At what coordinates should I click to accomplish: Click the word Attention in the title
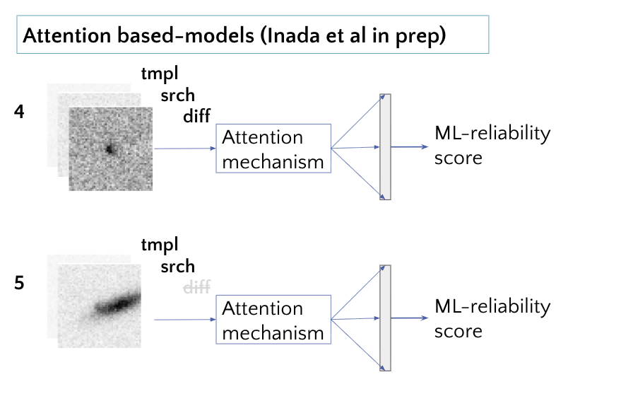(67, 35)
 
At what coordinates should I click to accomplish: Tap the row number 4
(19, 112)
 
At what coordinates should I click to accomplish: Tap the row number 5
(19, 283)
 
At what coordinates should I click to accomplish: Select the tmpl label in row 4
(160, 74)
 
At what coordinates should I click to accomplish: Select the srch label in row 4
(177, 95)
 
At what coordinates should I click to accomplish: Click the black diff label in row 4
(196, 116)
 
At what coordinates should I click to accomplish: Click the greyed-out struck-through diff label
(196, 287)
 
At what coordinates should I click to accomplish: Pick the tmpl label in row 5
(160, 245)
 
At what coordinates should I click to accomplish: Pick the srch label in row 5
(177, 267)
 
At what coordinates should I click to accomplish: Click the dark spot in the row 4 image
(109, 149)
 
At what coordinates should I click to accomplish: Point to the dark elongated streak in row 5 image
(118, 304)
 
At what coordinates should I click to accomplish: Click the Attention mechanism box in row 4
(273, 149)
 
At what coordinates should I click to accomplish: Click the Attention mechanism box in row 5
(273, 320)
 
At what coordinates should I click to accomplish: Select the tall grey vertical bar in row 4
(385, 147)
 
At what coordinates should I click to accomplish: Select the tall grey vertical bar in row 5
(385, 318)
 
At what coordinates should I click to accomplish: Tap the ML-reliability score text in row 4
(492, 145)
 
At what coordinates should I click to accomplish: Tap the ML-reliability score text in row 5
(492, 319)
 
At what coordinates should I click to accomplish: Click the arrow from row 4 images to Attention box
(185, 149)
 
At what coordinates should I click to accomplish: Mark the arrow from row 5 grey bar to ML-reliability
(409, 318)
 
